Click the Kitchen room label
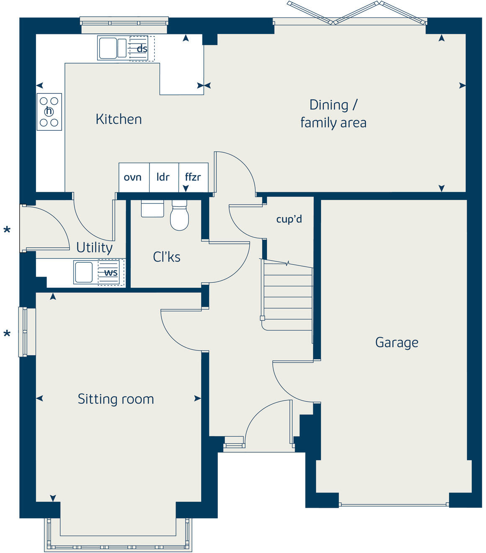point(119,119)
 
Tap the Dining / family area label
point(333,114)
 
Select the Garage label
point(396,343)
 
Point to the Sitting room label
point(116,399)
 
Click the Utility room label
point(94,248)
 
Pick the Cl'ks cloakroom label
point(166,257)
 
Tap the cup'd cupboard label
point(289,219)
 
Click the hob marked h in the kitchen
point(49,111)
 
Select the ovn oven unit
point(133,177)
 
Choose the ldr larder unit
point(163,177)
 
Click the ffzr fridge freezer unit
point(193,177)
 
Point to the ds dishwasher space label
point(142,49)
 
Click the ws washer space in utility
point(111,272)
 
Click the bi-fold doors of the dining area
point(356,13)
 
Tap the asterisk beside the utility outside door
point(7,230)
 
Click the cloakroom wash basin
point(152,209)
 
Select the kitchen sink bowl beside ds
point(108,48)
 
